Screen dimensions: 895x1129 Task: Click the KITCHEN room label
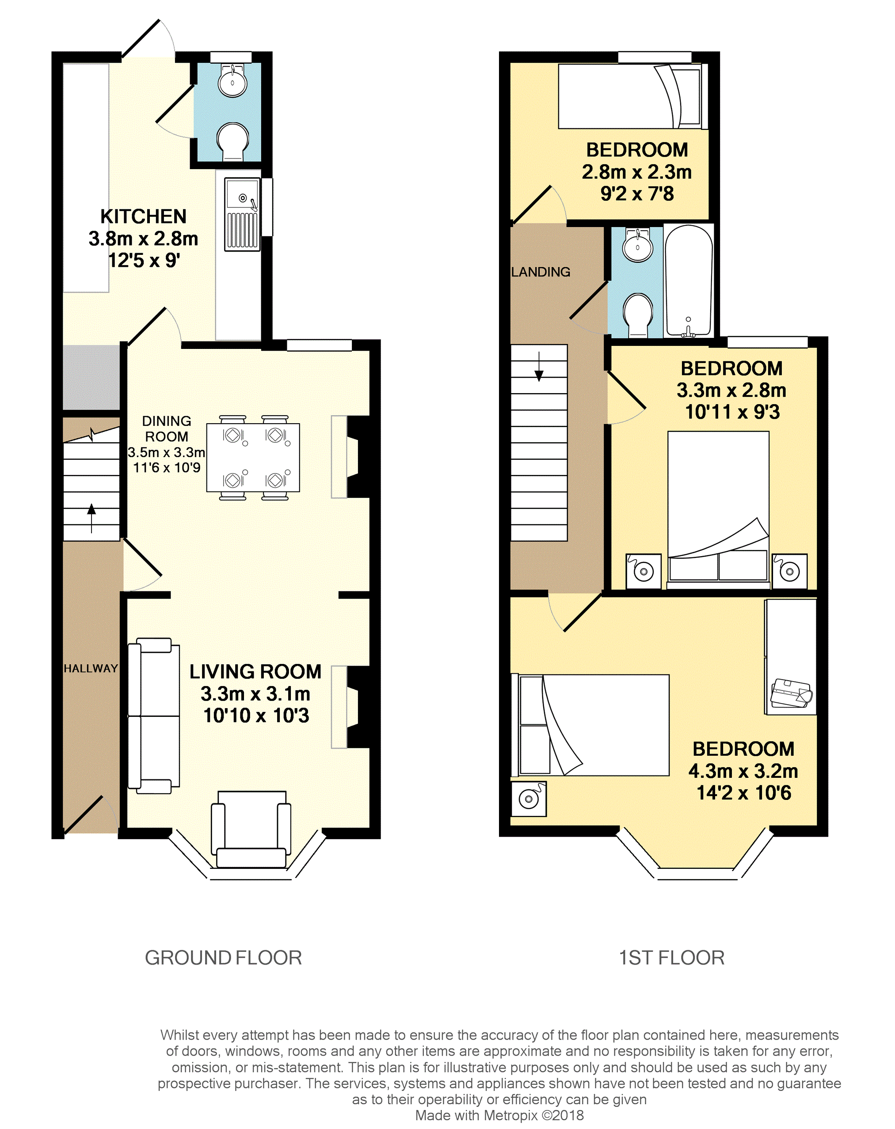point(143,216)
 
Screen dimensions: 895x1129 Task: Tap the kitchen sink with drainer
point(242,214)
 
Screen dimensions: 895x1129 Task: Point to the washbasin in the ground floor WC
point(232,81)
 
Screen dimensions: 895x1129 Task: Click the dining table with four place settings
point(253,457)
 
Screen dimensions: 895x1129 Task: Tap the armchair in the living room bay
point(251,829)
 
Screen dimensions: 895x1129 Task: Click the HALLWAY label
point(91,669)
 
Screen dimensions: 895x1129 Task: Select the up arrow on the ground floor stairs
point(91,518)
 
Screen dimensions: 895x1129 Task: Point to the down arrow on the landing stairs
point(539,366)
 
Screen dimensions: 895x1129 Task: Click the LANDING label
point(541,272)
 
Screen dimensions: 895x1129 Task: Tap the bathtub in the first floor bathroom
point(689,280)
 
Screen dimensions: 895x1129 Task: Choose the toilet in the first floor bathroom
point(638,314)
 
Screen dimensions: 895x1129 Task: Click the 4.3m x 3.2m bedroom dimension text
point(743,771)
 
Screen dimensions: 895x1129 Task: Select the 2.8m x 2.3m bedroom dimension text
point(637,172)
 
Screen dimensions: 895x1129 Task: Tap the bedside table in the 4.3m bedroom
point(529,799)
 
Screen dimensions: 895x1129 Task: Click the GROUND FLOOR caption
point(223,958)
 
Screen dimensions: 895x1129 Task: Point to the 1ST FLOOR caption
point(672,958)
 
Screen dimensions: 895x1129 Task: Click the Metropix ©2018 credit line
point(499,1115)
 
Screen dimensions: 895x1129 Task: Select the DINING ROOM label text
point(167,429)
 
